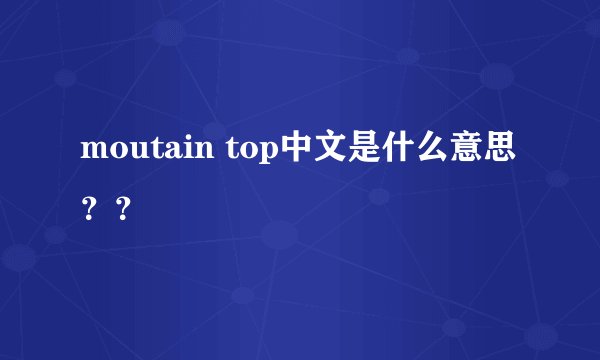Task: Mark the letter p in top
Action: [263, 157]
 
